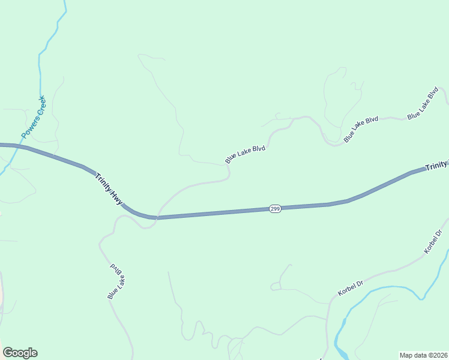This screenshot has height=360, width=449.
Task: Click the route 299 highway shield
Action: [x=275, y=209]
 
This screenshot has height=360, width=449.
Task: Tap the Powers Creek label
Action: [x=33, y=116]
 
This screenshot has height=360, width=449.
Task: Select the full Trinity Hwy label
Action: [x=109, y=190]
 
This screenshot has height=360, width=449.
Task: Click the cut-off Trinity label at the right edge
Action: [x=436, y=166]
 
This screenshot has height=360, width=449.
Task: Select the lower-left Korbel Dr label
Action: [x=351, y=289]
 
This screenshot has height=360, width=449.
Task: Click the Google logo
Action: [x=20, y=353]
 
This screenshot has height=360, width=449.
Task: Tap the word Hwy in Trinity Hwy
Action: [x=116, y=199]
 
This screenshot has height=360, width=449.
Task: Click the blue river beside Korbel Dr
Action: [x=384, y=289]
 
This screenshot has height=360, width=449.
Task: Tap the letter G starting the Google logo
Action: [x=8, y=353]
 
